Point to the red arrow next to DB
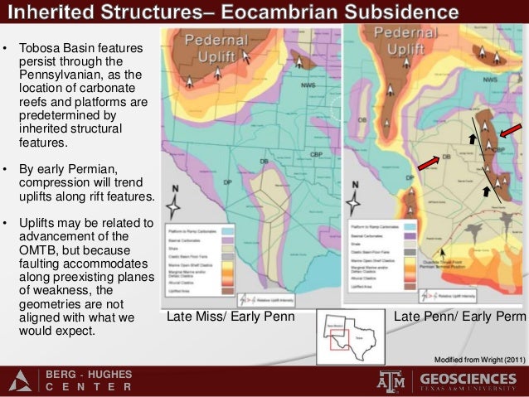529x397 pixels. pos(428,162)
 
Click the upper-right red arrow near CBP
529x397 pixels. pos(511,132)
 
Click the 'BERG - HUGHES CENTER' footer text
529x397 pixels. pos(87,380)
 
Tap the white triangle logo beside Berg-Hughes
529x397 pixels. pos(21,380)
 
